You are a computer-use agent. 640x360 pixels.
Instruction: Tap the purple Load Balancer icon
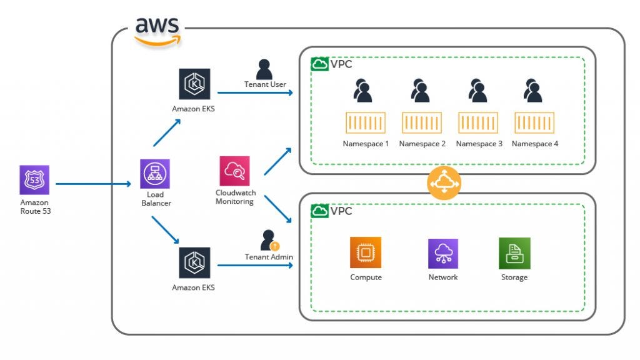tap(154, 174)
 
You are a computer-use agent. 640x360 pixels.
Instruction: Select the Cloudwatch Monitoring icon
tap(234, 171)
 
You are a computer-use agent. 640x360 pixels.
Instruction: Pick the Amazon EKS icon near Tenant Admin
tap(194, 262)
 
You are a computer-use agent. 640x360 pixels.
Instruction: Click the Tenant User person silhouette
tap(264, 69)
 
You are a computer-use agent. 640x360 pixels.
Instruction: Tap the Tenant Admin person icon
tap(269, 240)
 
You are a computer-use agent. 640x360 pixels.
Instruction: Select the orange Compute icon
tap(366, 253)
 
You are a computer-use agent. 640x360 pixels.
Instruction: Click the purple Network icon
tap(443, 253)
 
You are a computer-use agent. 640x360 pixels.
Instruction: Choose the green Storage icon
tap(514, 253)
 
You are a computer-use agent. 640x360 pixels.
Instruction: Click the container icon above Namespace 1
tap(366, 122)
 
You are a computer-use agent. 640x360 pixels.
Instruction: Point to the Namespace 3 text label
tap(479, 144)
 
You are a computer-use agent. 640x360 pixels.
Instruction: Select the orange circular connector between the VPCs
tap(443, 183)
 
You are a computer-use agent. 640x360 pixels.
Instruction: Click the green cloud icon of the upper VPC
tap(319, 64)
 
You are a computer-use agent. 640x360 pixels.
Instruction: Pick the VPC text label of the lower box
tap(341, 211)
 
